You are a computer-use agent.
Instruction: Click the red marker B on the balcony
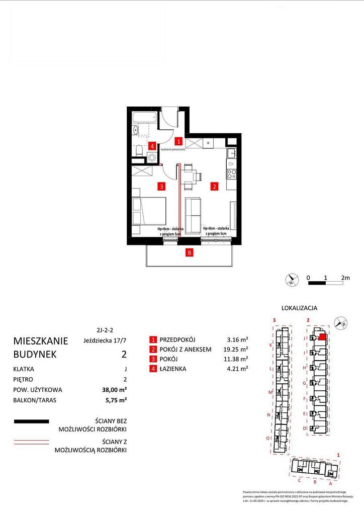click(x=189, y=253)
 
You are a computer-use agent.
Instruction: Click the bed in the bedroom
click(x=149, y=211)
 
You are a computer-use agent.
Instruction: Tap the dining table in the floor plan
click(x=190, y=176)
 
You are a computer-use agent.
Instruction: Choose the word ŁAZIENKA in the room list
click(x=172, y=369)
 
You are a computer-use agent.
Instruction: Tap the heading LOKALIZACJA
click(x=299, y=308)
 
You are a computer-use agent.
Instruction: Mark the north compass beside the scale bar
click(x=291, y=280)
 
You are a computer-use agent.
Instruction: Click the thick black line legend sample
click(x=32, y=421)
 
